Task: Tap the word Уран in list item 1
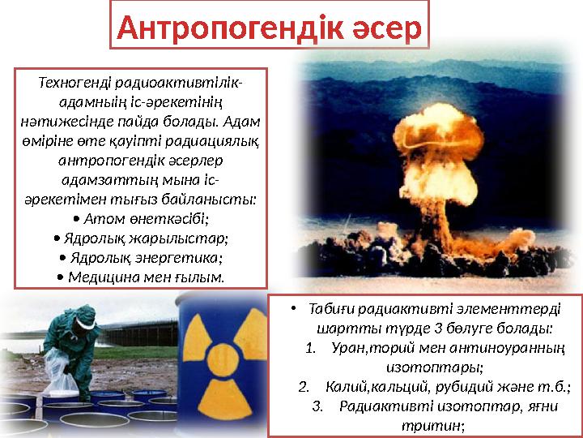(x=349, y=348)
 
